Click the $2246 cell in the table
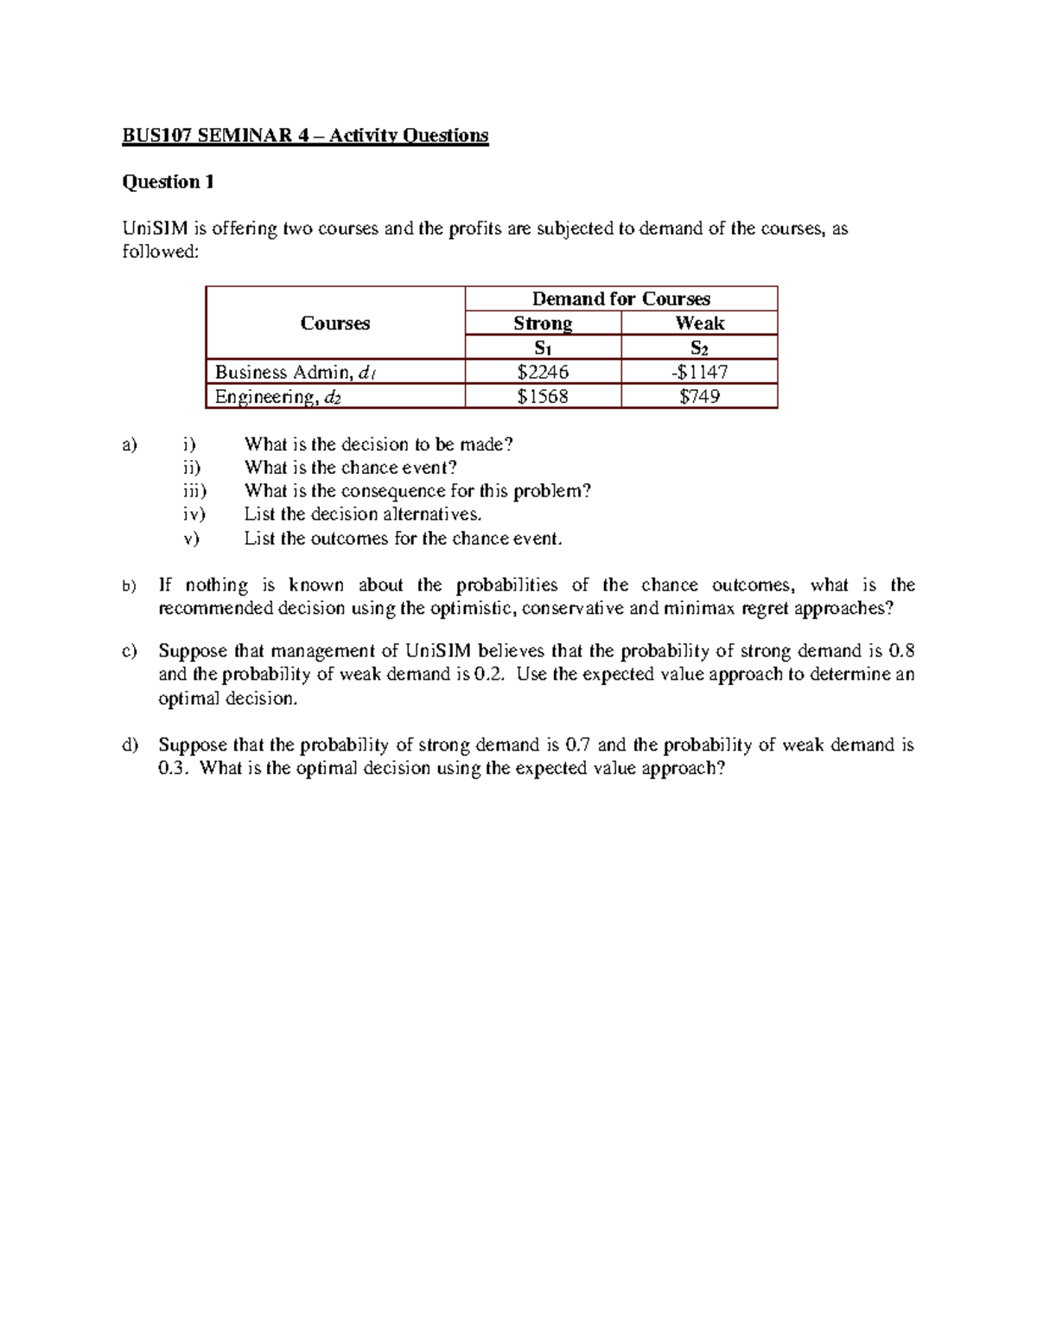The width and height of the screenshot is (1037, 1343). [543, 373]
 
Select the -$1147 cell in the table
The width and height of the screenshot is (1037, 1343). [699, 373]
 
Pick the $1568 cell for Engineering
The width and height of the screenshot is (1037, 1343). [543, 397]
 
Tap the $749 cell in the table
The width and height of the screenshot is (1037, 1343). [699, 397]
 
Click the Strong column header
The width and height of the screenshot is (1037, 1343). [543, 323]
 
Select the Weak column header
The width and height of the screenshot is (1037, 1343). [699, 323]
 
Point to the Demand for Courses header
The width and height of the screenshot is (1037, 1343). [620, 299]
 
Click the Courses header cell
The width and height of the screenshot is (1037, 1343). [335, 323]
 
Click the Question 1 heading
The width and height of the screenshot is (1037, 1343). [168, 182]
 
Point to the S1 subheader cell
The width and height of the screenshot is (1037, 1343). [543, 349]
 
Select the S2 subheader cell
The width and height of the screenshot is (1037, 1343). [699, 349]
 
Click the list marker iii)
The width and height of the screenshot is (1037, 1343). [194, 491]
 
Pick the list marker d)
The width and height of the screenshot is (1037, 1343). [130, 745]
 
